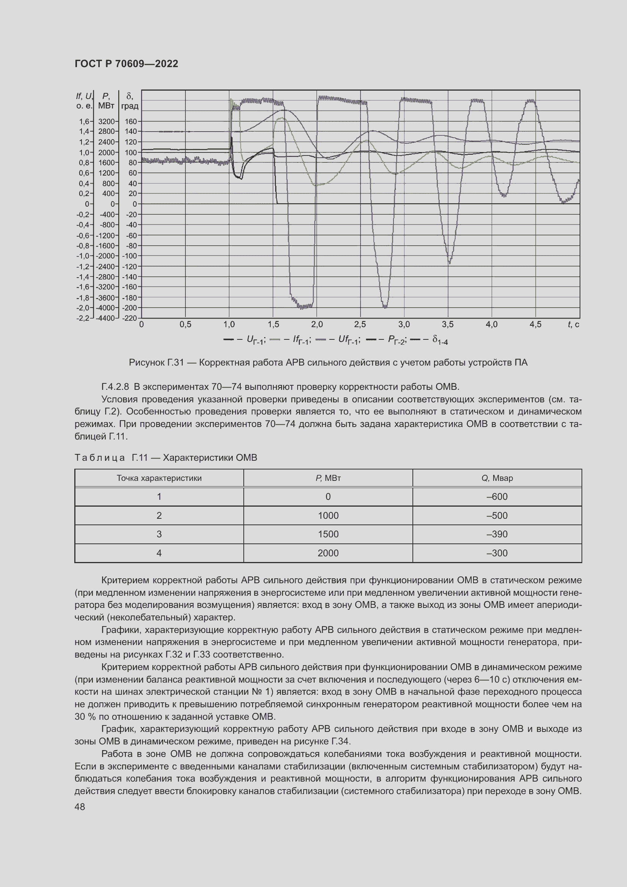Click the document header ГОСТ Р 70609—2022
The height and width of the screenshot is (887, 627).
click(126, 64)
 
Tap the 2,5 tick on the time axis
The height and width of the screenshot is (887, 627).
click(360, 325)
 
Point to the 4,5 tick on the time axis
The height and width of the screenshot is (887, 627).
click(535, 325)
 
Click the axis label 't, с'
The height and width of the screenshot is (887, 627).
click(573, 325)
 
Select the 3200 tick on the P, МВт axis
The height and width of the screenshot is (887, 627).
click(106, 121)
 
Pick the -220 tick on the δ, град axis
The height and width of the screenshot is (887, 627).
click(130, 318)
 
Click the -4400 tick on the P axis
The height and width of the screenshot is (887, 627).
click(105, 318)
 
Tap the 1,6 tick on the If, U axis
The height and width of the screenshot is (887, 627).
click(84, 121)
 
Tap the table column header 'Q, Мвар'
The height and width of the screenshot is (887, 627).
click(497, 478)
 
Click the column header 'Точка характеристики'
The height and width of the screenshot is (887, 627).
click(159, 478)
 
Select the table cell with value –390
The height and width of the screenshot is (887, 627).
click(497, 534)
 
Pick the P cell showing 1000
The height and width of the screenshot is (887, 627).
click(328, 515)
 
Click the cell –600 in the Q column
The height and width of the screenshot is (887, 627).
click(497, 496)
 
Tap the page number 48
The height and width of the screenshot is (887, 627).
click(80, 807)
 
